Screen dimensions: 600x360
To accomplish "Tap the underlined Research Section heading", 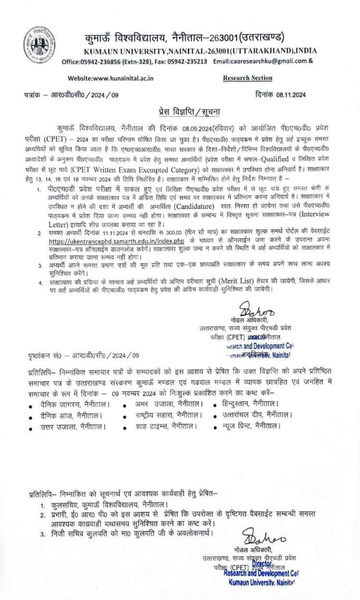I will click(x=248, y=78).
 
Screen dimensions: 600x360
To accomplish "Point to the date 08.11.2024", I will click(x=291, y=95).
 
